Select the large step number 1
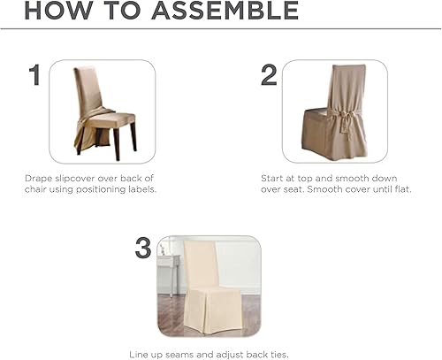point(35,76)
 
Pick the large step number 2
point(268,76)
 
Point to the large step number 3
point(143,249)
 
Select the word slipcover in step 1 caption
point(78,178)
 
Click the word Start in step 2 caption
point(271,178)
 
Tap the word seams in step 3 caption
point(184,352)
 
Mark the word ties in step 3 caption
point(277,352)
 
